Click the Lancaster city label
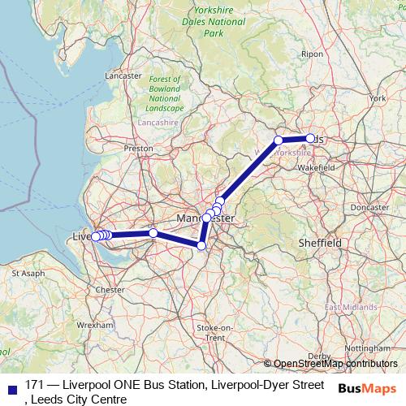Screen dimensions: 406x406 pos(124,76)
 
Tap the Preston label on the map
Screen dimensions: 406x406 pos(139,149)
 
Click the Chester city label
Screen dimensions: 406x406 pos(110,289)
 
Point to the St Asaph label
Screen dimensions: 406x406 pos(28,274)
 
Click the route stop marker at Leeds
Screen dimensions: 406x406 pos(310,138)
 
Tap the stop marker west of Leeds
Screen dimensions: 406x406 pos(279,140)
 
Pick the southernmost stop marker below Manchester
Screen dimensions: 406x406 pos(201,245)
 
